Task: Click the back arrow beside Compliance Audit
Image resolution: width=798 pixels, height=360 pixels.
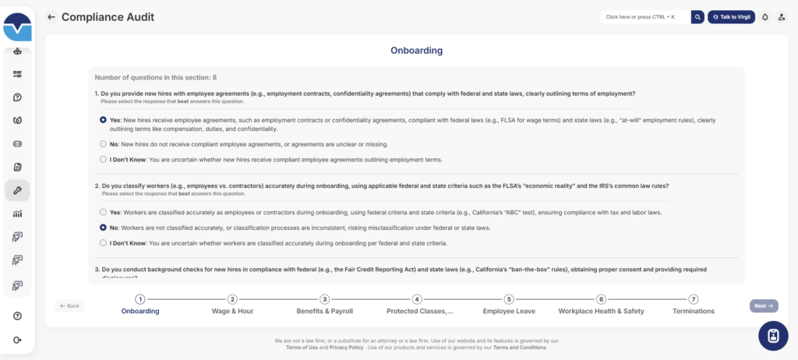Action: [51, 16]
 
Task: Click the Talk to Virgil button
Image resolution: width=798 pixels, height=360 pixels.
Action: [731, 16]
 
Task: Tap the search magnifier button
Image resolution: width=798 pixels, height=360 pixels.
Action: [698, 16]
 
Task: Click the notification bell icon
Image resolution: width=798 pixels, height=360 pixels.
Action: [764, 16]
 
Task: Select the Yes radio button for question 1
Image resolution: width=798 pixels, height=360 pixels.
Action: [103, 120]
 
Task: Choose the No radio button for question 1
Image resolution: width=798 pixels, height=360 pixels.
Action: [103, 144]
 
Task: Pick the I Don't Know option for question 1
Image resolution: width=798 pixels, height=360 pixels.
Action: [103, 160]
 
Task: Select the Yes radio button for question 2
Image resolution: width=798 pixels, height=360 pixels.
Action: [103, 212]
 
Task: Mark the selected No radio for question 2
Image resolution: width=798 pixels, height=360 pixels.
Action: [103, 228]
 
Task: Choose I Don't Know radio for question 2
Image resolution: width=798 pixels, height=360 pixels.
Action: [103, 243]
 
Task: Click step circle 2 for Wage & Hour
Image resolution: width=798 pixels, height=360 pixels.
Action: [232, 298]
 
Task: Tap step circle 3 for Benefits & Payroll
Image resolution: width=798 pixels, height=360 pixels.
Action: [325, 298]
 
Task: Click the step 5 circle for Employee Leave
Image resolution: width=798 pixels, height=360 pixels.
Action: [509, 298]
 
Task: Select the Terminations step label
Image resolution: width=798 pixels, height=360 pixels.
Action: [693, 311]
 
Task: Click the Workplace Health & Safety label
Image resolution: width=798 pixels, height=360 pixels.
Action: [601, 311]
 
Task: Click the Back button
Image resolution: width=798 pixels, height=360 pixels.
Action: [69, 305]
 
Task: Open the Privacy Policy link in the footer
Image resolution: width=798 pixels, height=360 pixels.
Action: [345, 348]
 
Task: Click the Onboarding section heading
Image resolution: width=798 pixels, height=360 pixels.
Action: [416, 51]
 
